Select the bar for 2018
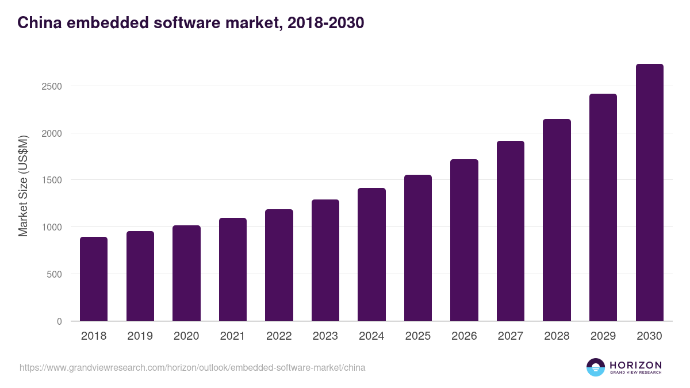[94, 279]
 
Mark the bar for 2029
[603, 207]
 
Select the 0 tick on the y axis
[59, 321]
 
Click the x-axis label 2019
[140, 336]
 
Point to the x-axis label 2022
[279, 336]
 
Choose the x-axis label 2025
[418, 336]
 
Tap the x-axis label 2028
[557, 336]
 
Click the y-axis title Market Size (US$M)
[23, 186]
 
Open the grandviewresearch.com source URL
[192, 367]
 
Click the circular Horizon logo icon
[596, 367]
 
